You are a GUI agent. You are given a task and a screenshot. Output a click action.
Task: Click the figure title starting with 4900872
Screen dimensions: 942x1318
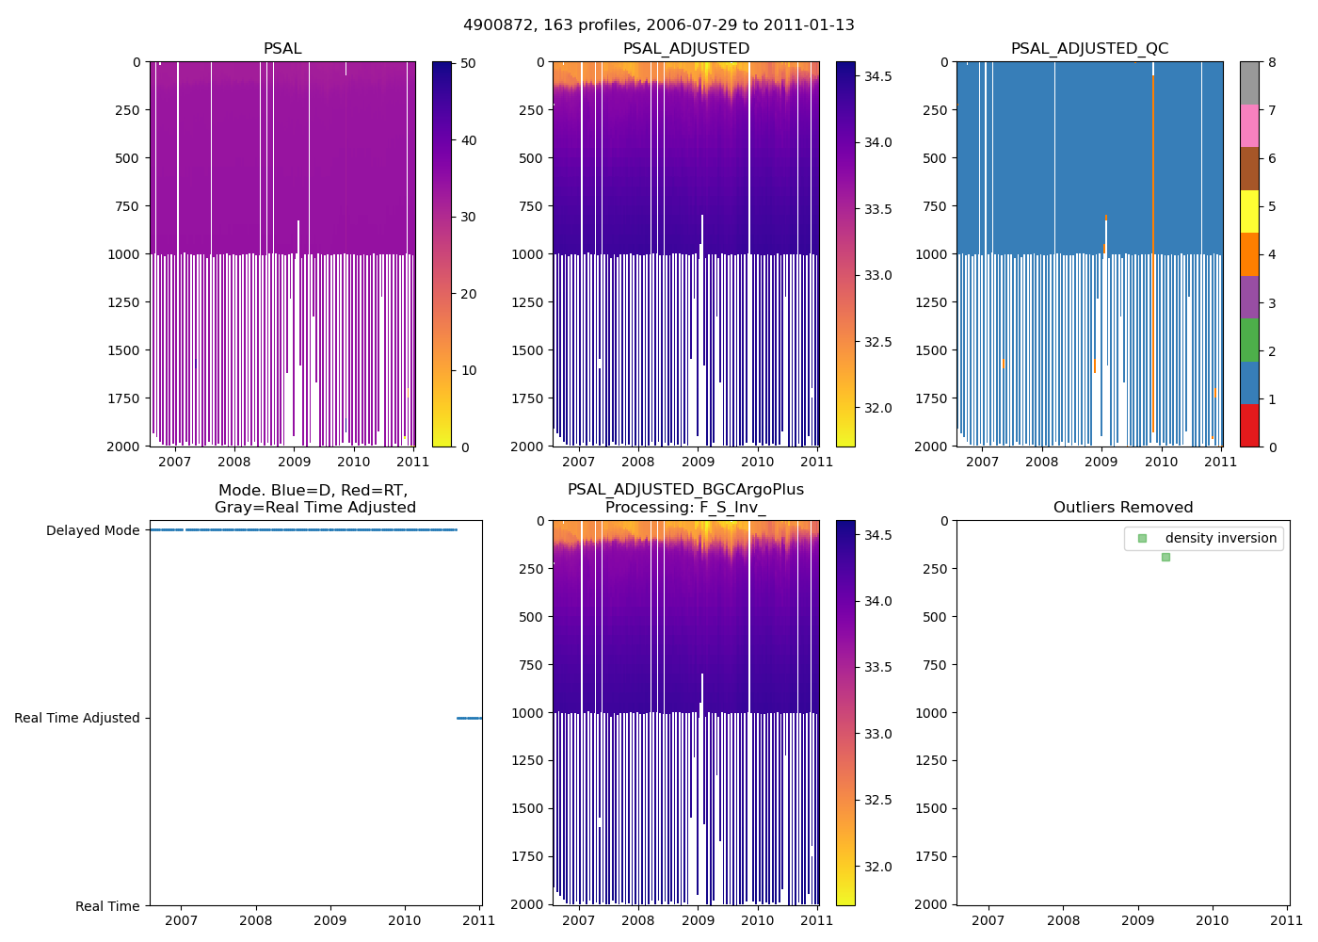tap(658, 25)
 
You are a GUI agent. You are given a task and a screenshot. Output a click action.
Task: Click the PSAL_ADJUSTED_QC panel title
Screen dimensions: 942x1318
tap(1089, 49)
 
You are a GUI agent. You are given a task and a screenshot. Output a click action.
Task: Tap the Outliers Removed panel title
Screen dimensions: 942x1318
tap(1122, 508)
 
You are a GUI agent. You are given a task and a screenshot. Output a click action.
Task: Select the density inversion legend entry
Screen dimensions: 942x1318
tap(1220, 539)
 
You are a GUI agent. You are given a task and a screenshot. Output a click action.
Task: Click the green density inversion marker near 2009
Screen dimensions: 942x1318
tap(1165, 558)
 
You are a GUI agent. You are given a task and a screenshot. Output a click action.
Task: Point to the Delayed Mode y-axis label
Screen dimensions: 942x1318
tap(92, 531)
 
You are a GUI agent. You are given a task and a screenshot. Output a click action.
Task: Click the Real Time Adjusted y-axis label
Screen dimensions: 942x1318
tap(76, 719)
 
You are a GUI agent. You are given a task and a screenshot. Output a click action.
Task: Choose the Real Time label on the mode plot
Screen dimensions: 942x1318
tap(107, 906)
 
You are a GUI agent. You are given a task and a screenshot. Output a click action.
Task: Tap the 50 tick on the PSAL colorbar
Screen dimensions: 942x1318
tap(468, 63)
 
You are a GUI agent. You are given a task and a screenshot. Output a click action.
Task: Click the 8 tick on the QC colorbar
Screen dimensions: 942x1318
tap(1272, 63)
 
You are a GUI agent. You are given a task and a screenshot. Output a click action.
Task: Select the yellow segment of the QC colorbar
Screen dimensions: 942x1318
tap(1249, 212)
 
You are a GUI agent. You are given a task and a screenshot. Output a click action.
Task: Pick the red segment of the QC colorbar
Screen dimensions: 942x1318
tap(1249, 426)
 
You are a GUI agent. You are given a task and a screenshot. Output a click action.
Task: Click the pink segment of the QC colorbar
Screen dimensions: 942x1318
tap(1249, 126)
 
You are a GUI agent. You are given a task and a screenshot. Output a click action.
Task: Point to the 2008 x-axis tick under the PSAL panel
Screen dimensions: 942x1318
tap(234, 462)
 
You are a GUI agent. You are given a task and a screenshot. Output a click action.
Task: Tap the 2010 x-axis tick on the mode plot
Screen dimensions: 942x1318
tap(405, 920)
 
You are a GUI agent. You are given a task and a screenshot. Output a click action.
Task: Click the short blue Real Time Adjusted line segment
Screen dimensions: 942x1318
tap(469, 719)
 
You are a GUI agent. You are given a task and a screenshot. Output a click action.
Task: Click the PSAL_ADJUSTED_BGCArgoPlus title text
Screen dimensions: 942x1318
tap(685, 490)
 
